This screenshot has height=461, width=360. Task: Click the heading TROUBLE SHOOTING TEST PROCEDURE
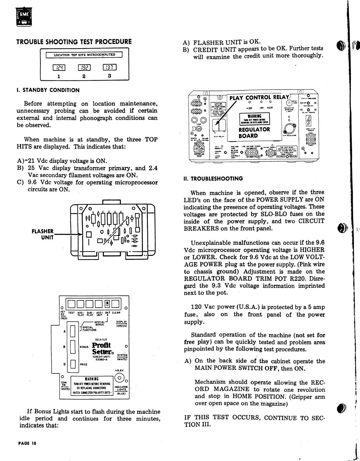(74, 42)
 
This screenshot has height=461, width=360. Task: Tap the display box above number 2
(84, 68)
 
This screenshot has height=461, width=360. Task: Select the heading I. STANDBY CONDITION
(48, 90)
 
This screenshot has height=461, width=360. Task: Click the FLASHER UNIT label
(43, 234)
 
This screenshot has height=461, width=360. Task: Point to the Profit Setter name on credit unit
(101, 349)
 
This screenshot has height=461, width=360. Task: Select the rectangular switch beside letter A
(71, 331)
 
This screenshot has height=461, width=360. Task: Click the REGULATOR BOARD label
(254, 133)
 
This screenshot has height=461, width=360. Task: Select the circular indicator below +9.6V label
(120, 378)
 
